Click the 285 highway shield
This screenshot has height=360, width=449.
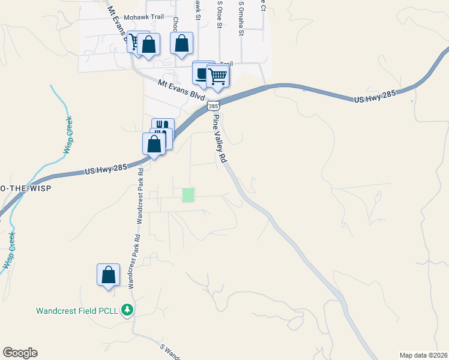coord(212,106)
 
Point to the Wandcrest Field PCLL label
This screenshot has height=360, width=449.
coord(78,311)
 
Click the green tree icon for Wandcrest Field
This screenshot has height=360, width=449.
coord(127,310)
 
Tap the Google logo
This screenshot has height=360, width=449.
coord(20,353)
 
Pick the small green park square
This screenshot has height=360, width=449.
coord(188,194)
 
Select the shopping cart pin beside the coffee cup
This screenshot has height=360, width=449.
coord(218,76)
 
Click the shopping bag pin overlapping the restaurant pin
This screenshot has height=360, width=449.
coord(154,145)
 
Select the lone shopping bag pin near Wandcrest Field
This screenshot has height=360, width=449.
coord(108,275)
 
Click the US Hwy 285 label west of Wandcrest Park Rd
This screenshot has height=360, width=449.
coord(106,170)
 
